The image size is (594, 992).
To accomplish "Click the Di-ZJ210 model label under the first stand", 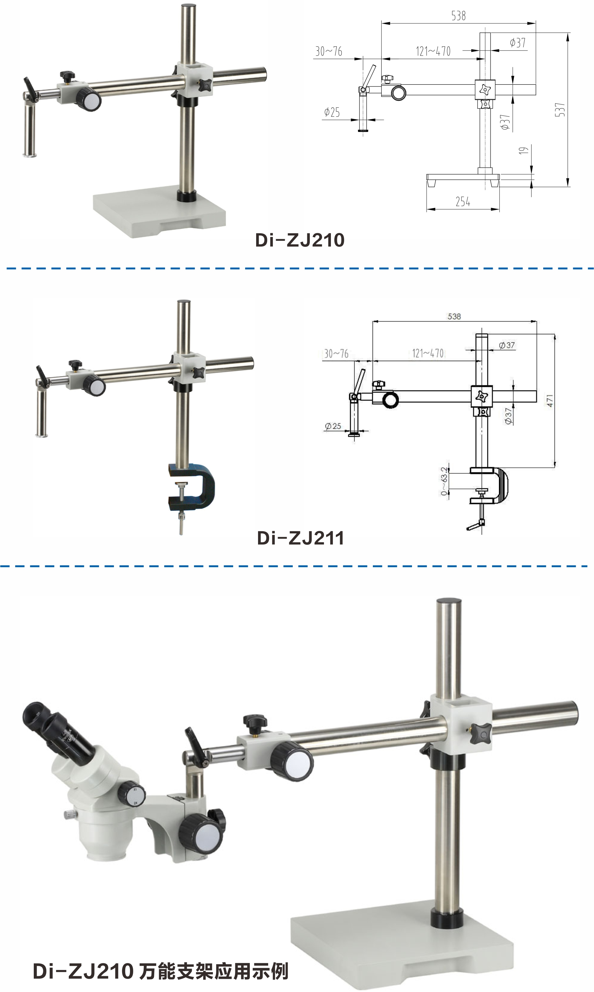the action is click(x=300, y=240).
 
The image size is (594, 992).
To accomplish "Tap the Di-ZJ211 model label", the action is click(x=301, y=538).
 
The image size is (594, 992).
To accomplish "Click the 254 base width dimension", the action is click(x=463, y=201).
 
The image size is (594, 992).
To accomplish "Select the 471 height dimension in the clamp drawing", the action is click(x=550, y=401).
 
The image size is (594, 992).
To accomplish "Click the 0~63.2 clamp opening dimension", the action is click(x=444, y=481).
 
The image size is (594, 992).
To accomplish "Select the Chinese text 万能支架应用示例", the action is click(x=213, y=971).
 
